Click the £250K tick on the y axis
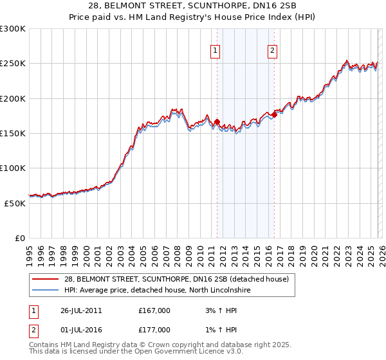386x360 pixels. point(13,64)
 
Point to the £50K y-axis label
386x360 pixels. point(15,203)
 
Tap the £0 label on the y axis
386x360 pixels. point(20,238)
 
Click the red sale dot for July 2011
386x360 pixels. point(217,122)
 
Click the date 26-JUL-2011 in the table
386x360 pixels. point(79,310)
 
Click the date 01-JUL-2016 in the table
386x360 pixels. point(79,331)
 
